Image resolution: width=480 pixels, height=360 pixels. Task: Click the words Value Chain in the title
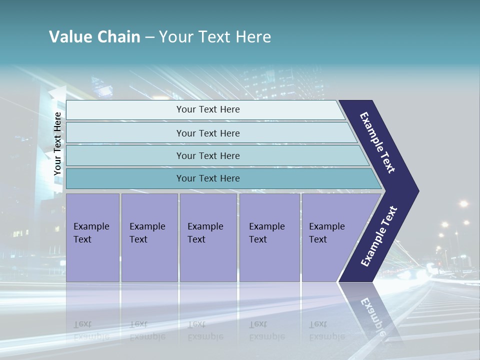94,37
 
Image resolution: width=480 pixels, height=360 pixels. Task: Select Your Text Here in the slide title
215,37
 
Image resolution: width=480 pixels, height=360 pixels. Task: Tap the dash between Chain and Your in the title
149,37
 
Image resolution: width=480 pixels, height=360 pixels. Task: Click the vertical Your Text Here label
57,143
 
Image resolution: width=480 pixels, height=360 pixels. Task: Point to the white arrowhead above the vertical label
58,93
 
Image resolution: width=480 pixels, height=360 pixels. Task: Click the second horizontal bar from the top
207,133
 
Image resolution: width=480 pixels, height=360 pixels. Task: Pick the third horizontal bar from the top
207,155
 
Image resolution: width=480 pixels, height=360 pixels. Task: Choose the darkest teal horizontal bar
207,178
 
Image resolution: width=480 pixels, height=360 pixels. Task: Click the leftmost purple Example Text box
92,237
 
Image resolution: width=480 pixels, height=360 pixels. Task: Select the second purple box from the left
149,237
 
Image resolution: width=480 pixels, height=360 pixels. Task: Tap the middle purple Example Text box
208,237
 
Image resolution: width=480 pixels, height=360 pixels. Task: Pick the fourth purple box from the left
269,237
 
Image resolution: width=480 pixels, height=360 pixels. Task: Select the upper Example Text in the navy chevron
377,142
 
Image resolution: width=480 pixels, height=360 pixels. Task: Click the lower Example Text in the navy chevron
379,236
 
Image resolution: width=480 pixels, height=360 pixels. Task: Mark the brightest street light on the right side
463,203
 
